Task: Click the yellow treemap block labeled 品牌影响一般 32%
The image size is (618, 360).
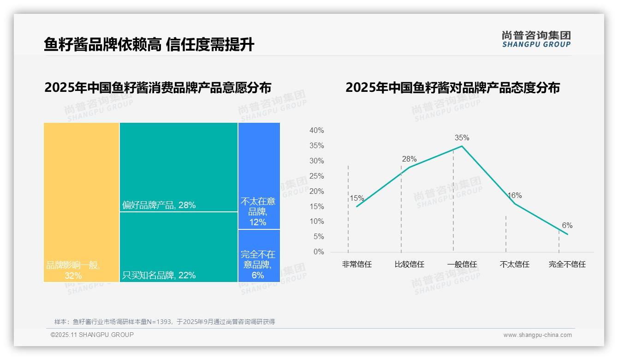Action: tap(82, 202)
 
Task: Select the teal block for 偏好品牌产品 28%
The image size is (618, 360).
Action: tap(178, 167)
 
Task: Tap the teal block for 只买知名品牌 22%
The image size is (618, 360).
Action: tap(178, 247)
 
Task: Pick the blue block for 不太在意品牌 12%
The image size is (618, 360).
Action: tap(259, 176)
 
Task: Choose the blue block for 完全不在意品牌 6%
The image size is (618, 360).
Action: tap(259, 256)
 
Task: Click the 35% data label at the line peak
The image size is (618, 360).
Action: tap(462, 138)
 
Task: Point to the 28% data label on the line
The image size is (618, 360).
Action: tap(409, 159)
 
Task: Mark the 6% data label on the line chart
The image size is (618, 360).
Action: tap(567, 225)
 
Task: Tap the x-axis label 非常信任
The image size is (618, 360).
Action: tap(357, 264)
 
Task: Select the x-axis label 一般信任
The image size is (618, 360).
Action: tap(462, 264)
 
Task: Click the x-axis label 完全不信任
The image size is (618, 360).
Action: tap(567, 264)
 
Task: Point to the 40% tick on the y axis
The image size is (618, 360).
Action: tap(316, 131)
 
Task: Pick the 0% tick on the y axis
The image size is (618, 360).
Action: tap(318, 252)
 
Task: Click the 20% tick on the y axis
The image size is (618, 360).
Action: tap(316, 191)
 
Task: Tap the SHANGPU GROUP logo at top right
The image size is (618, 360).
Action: tap(536, 39)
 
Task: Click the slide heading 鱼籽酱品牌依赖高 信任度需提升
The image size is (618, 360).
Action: tap(149, 45)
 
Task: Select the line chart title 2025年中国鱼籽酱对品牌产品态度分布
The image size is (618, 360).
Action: tap(452, 87)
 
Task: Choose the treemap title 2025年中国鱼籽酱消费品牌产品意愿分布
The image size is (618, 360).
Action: tap(158, 87)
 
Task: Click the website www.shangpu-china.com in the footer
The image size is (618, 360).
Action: tap(537, 335)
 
